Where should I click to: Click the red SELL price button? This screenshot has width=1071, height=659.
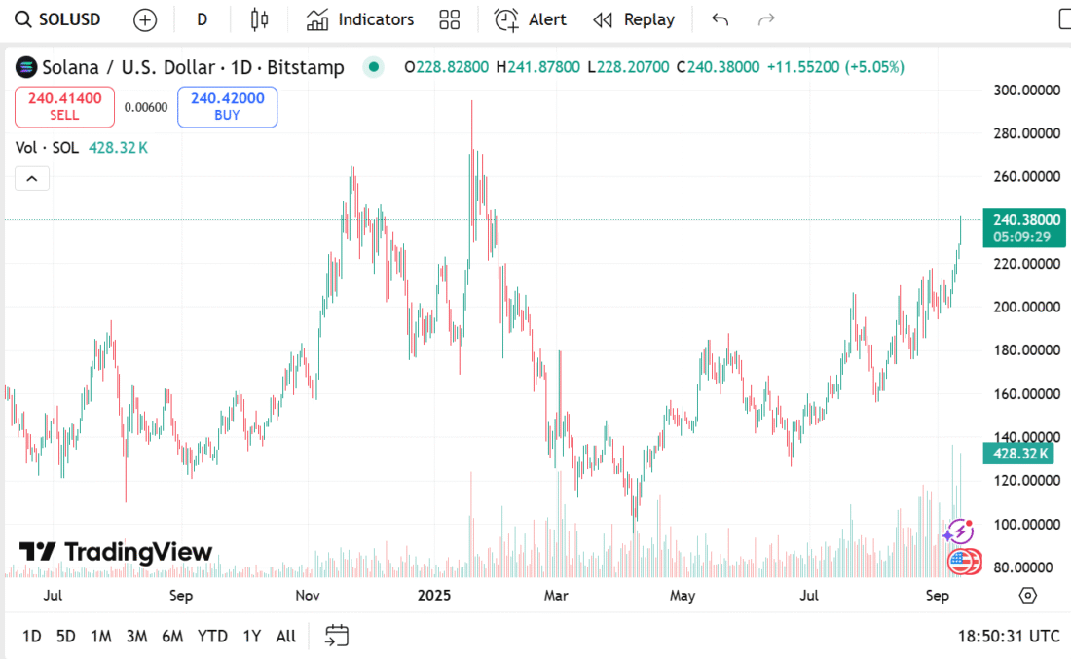coord(64,107)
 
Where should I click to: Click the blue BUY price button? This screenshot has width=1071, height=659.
coord(227,107)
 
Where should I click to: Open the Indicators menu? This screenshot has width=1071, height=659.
coord(359,19)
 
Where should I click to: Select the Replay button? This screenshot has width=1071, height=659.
coord(634,19)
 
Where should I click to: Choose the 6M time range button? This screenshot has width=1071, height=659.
coord(172,636)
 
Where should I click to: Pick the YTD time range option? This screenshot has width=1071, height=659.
coord(212,636)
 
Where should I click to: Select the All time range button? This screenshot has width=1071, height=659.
coord(285,636)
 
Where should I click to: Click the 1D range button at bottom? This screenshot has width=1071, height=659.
coord(32,636)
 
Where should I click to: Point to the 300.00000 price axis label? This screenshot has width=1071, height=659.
coord(1026,91)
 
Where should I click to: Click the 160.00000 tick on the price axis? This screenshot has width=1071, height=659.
coord(1026,394)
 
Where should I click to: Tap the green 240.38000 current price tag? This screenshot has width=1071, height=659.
coord(1022,220)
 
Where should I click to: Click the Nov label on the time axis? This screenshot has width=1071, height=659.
coord(308,595)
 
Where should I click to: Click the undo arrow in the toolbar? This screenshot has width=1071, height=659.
coord(720,19)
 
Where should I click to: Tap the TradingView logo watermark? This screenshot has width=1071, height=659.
coord(116,552)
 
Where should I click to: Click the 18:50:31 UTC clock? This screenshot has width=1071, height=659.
coord(1008,636)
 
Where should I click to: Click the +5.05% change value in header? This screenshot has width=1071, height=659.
coord(874,67)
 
